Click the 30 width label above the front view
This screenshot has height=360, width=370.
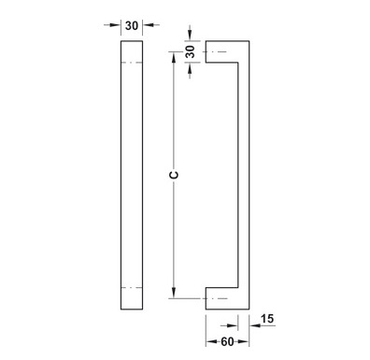[132, 25]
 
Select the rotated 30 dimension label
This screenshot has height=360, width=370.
[190, 51]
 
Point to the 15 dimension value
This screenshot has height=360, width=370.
[267, 319]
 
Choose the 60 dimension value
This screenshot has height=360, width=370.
[227, 342]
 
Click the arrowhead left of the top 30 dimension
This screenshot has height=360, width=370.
[115, 24]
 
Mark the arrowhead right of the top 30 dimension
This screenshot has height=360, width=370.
[149, 24]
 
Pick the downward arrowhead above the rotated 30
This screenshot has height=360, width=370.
[190, 36]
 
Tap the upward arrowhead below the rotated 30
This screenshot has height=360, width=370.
[190, 68]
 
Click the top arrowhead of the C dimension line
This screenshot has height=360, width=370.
[174, 57]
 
